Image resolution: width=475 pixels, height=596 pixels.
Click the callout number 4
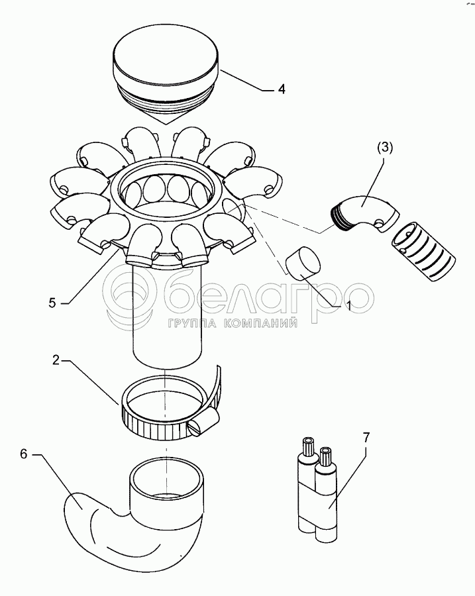coord(281,89)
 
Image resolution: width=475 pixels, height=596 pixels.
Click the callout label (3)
coord(384,148)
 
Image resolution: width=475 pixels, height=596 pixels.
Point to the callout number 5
coord(52,302)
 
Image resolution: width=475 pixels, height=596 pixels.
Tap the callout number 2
coord(56,360)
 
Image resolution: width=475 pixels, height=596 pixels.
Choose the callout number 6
coord(24,454)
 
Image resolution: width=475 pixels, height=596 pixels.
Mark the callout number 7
coord(366,437)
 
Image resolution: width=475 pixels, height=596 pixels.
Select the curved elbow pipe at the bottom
coord(133,513)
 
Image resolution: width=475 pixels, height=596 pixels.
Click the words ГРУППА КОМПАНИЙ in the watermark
coord(232,323)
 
